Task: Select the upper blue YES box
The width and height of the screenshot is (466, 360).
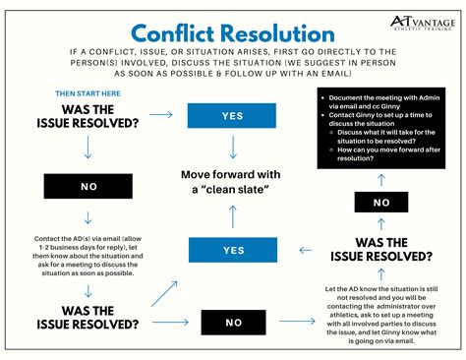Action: [233, 115]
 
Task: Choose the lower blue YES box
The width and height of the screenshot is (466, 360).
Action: [233, 250]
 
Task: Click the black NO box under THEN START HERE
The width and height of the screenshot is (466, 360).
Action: [87, 185]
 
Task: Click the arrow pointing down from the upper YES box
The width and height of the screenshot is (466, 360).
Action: [233, 149]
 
